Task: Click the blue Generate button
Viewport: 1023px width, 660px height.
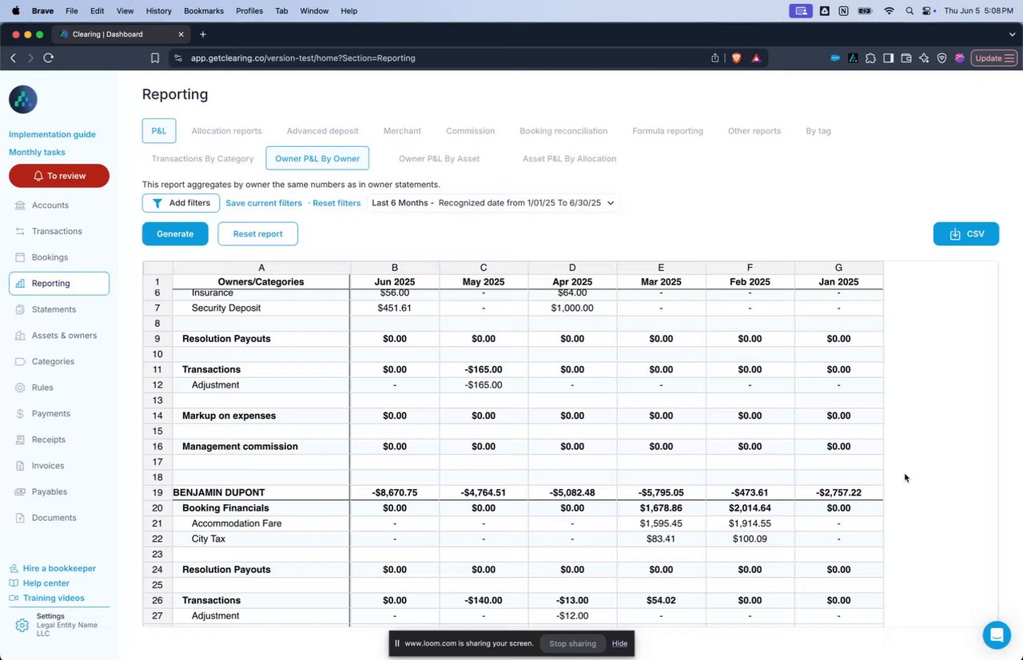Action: (x=175, y=234)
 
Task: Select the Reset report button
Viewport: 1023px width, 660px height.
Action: (x=257, y=234)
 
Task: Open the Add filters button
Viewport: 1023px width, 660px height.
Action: (x=181, y=203)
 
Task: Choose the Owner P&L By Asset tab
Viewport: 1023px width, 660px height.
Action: (x=439, y=159)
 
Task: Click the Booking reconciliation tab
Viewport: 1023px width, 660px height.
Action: (x=563, y=131)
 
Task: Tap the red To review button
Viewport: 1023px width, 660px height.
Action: (x=59, y=176)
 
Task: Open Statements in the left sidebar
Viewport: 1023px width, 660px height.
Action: (x=54, y=309)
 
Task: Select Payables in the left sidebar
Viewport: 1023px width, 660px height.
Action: (x=50, y=491)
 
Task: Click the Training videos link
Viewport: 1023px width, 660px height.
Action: (x=54, y=598)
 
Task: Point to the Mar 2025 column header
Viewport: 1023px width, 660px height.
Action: (x=661, y=282)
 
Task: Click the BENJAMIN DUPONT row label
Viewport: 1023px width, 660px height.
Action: (x=219, y=493)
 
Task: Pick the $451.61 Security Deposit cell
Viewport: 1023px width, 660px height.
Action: (x=394, y=308)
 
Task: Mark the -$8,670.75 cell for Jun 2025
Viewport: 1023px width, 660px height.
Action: (x=394, y=493)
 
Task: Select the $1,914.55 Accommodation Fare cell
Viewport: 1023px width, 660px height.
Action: (x=750, y=524)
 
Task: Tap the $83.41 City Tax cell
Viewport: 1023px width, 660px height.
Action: (x=661, y=539)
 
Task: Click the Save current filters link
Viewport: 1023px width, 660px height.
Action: (x=264, y=203)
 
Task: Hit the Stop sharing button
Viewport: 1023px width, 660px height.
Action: (x=572, y=643)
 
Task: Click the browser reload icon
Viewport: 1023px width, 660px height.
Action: (x=49, y=58)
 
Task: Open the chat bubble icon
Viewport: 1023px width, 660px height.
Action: (x=997, y=635)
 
